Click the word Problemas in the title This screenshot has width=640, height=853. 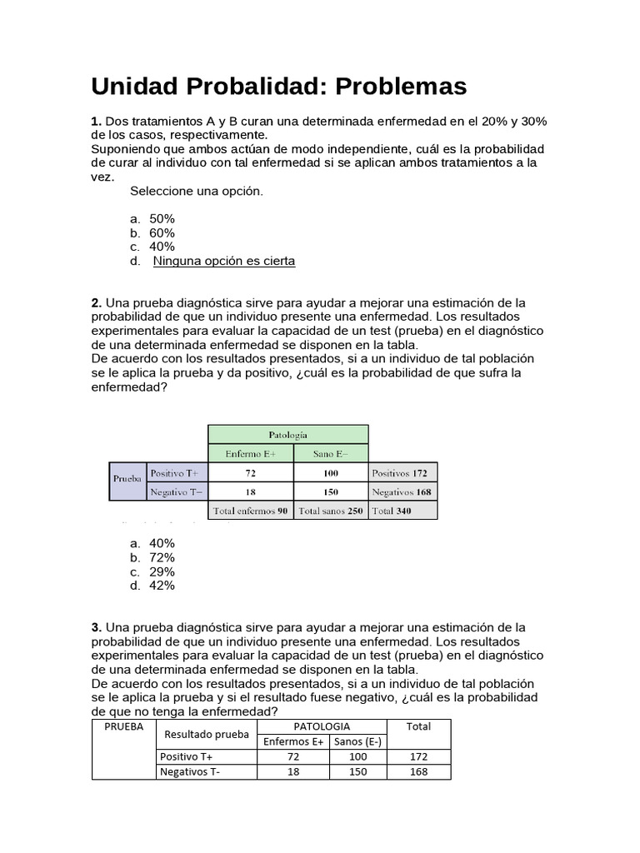point(387,87)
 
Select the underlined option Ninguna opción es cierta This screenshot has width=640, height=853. point(224,261)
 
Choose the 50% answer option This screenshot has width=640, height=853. point(162,218)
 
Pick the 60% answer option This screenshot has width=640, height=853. point(162,232)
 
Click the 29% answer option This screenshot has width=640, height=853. point(162,571)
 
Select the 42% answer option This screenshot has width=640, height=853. point(162,586)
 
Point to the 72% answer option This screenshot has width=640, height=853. point(162,557)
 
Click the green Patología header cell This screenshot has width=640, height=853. point(287,434)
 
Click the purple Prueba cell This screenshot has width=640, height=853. point(127,480)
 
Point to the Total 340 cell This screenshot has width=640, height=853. point(403,511)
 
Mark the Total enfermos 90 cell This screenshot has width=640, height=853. point(250,511)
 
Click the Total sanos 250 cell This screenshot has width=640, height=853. point(330,511)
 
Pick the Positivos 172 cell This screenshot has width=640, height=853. point(403,473)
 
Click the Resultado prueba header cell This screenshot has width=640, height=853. point(207,734)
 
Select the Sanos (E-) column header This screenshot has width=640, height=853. point(357,741)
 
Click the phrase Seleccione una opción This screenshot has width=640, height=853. point(197,191)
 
